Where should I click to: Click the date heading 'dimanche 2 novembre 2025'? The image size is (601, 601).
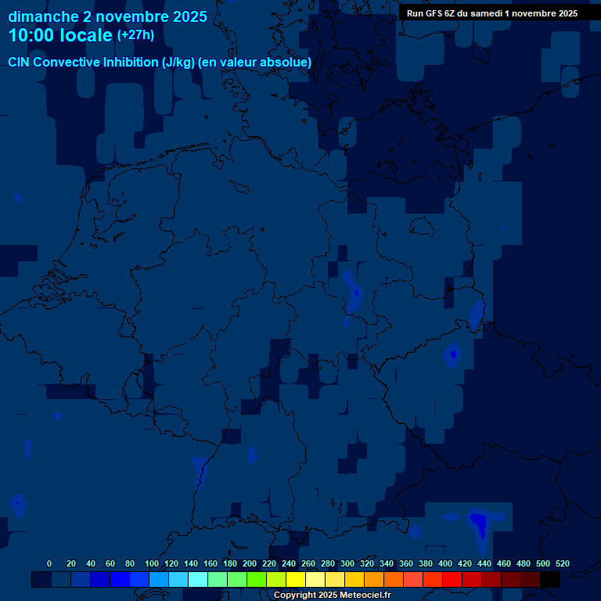click(x=107, y=16)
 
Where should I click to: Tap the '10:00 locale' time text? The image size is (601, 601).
click(x=61, y=35)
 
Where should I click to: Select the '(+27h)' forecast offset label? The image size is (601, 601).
click(x=135, y=35)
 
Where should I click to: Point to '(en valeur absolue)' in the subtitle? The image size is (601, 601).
click(x=255, y=63)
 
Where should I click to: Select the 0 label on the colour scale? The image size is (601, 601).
click(x=49, y=563)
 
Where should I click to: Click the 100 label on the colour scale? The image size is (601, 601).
click(x=151, y=563)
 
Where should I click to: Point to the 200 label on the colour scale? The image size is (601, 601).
click(x=249, y=563)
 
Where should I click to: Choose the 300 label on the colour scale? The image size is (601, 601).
click(x=347, y=563)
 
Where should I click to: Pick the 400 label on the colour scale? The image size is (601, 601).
click(x=444, y=563)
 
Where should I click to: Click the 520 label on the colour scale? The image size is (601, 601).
click(x=562, y=563)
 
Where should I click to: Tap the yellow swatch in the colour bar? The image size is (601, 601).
click(x=296, y=580)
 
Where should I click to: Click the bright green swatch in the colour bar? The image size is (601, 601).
click(x=257, y=580)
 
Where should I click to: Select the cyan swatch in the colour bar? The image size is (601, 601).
click(x=198, y=580)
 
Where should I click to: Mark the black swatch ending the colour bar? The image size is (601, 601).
click(x=550, y=580)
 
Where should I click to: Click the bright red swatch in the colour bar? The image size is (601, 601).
click(x=452, y=580)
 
